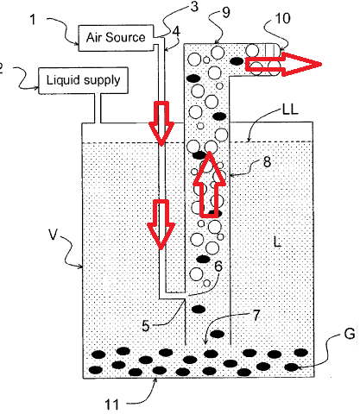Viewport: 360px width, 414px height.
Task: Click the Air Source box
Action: coord(116,38)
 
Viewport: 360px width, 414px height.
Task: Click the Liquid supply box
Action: coord(83,80)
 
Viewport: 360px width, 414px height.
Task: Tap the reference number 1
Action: coord(33,20)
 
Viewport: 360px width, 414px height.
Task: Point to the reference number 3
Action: coord(194,6)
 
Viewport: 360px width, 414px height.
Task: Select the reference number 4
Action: coord(176,31)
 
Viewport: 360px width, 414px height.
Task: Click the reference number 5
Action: coord(146,326)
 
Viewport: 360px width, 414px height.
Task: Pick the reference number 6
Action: coord(218,267)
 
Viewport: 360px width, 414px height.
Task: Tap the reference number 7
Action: coord(256,315)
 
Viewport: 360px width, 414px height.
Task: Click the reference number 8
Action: coord(267,162)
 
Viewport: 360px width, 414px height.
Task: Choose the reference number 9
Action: coord(226,12)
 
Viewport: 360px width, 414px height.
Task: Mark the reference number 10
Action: coord(283,18)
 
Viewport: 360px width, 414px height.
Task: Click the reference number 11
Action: coord(111,405)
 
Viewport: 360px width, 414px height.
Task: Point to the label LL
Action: coord(290,110)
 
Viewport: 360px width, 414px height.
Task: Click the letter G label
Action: coord(350,334)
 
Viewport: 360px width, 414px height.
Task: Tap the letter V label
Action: coord(54,235)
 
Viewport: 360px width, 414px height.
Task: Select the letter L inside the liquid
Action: coord(277,241)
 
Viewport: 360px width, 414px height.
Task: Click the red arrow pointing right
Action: coord(283,64)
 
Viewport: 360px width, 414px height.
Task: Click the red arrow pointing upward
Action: coord(209,185)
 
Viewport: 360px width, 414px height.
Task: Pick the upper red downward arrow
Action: coord(161,123)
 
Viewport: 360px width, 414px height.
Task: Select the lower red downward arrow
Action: coord(161,224)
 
